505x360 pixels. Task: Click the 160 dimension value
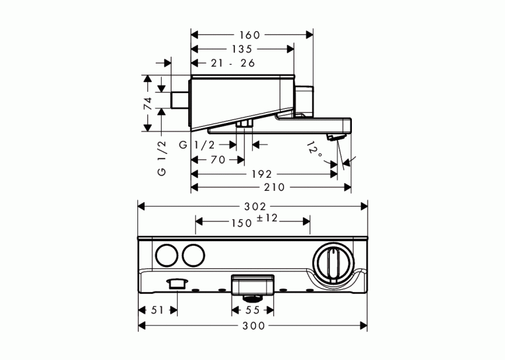tap(250, 35)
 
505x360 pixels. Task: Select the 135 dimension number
tap(242, 49)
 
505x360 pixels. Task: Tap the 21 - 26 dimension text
tap(233, 63)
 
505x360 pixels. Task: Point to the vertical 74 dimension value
tap(147, 104)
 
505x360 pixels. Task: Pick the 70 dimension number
tap(218, 160)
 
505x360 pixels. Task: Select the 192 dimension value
tap(262, 174)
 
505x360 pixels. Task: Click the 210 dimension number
tap(275, 187)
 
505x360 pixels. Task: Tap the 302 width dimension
tap(255, 207)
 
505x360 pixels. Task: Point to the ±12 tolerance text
tap(267, 218)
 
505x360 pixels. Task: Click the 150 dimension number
tap(242, 223)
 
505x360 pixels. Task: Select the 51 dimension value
tap(158, 310)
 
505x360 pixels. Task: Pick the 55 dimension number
tap(252, 310)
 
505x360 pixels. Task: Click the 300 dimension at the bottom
tap(253, 326)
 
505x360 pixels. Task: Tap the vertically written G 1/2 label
tap(162, 158)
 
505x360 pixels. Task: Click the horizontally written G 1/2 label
tap(197, 145)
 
